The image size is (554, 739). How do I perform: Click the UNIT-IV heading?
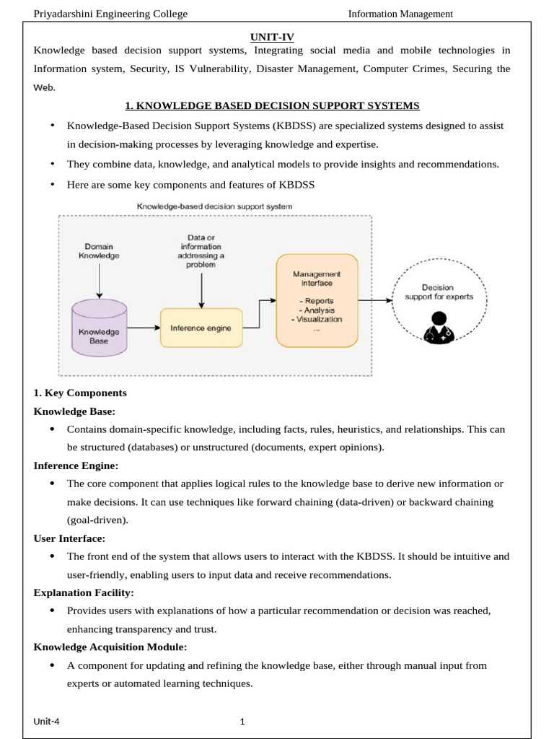coord(272,36)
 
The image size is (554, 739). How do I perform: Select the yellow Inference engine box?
coord(201,328)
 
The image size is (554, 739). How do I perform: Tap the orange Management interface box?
coord(317,300)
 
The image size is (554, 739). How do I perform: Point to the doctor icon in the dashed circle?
coord(437,328)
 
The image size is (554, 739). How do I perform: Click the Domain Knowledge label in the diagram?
coord(100,250)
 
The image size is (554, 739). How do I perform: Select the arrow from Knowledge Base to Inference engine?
coord(143,328)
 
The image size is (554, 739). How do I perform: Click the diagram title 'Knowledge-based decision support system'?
coord(215,206)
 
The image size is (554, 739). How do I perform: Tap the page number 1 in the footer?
coord(243,721)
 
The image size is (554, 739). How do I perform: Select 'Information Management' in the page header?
coord(400,14)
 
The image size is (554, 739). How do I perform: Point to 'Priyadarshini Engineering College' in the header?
coord(110,14)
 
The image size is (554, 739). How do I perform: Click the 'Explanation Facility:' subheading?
coord(84,592)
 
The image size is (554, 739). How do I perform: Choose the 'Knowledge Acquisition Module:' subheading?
coord(110,647)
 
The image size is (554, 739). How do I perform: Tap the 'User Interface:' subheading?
coord(69,538)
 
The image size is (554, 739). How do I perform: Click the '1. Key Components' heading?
coord(80,393)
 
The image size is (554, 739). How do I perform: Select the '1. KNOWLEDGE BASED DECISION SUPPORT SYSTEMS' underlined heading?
coord(272,106)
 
